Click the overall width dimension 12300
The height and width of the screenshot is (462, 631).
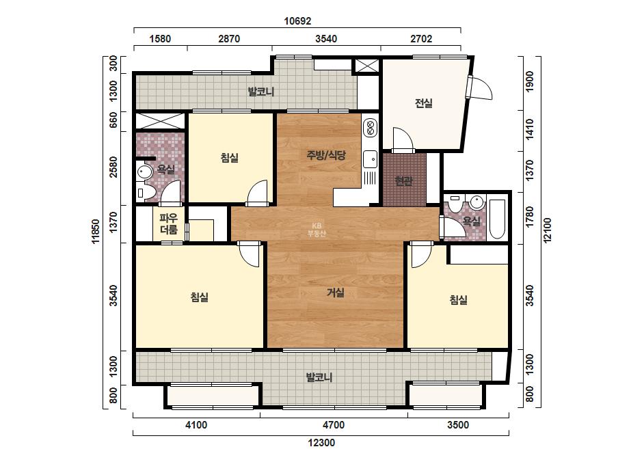(x=321, y=443)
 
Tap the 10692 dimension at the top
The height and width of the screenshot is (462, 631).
(x=297, y=21)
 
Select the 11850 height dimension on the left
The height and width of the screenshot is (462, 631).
(x=96, y=232)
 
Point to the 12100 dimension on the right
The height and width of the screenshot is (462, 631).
(x=548, y=230)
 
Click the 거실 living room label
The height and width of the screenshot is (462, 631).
(x=335, y=293)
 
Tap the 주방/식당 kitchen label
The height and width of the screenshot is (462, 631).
(x=326, y=155)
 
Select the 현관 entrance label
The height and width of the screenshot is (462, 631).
(x=403, y=181)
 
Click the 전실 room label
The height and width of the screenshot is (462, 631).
(x=423, y=103)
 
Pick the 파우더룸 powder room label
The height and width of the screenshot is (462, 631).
(x=169, y=224)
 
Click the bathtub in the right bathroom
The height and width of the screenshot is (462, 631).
(x=498, y=219)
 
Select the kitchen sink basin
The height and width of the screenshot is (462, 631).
(x=370, y=159)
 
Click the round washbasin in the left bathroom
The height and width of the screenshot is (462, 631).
(x=144, y=172)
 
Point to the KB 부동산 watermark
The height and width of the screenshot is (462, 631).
(x=317, y=230)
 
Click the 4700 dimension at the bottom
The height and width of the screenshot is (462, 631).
(x=333, y=425)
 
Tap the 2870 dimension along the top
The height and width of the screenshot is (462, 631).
(x=229, y=39)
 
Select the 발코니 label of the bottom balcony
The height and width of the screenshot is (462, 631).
(x=319, y=377)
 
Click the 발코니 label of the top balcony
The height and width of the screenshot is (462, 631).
(x=260, y=92)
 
